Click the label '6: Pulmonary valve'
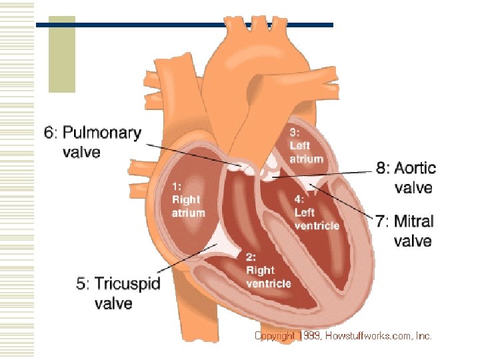(x=93, y=142)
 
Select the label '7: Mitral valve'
(x=404, y=231)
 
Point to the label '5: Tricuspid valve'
(x=119, y=293)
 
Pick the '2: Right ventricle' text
(x=268, y=270)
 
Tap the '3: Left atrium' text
(x=306, y=145)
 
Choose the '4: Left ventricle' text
(x=316, y=212)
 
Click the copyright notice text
(x=343, y=336)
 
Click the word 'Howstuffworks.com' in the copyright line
(x=369, y=336)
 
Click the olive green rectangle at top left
(x=62, y=55)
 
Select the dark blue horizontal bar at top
(x=187, y=25)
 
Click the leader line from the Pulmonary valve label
(x=193, y=155)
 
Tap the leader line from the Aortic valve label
(x=327, y=174)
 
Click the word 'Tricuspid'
(x=127, y=284)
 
